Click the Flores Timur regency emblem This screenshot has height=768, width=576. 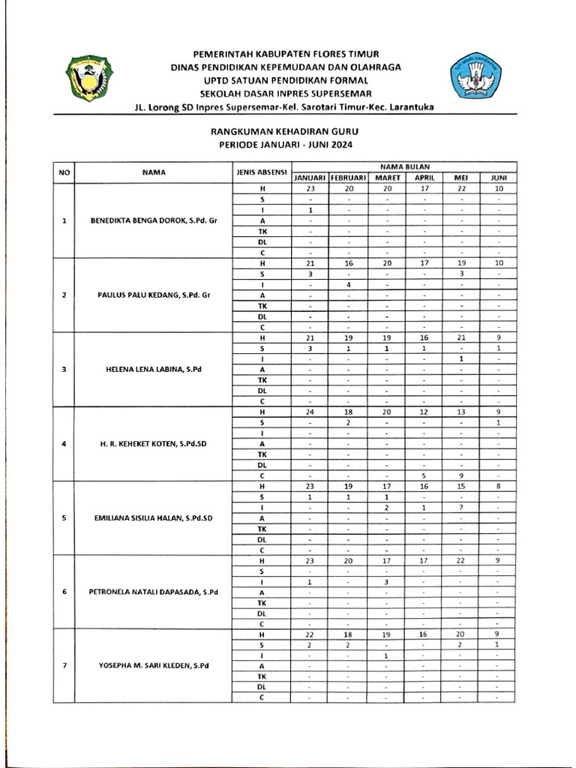click(90, 77)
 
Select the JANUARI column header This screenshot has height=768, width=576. click(309, 178)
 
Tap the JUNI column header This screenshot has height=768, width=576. click(498, 178)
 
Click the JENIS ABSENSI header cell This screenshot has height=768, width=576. click(262, 172)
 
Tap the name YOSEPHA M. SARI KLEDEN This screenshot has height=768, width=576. click(154, 665)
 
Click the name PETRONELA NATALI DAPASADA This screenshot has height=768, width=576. click(154, 592)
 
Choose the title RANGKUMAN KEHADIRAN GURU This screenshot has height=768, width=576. click(284, 132)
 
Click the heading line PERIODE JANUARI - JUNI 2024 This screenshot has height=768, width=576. click(284, 144)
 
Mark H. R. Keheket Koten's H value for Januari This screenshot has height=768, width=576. click(309, 412)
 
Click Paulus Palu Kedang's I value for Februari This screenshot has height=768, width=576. click(349, 284)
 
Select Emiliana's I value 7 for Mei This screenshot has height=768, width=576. click(461, 507)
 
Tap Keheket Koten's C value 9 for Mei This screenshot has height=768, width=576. click(461, 475)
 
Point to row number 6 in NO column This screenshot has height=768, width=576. click(64, 592)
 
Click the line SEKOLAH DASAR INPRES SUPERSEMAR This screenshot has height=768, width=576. click(284, 93)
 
